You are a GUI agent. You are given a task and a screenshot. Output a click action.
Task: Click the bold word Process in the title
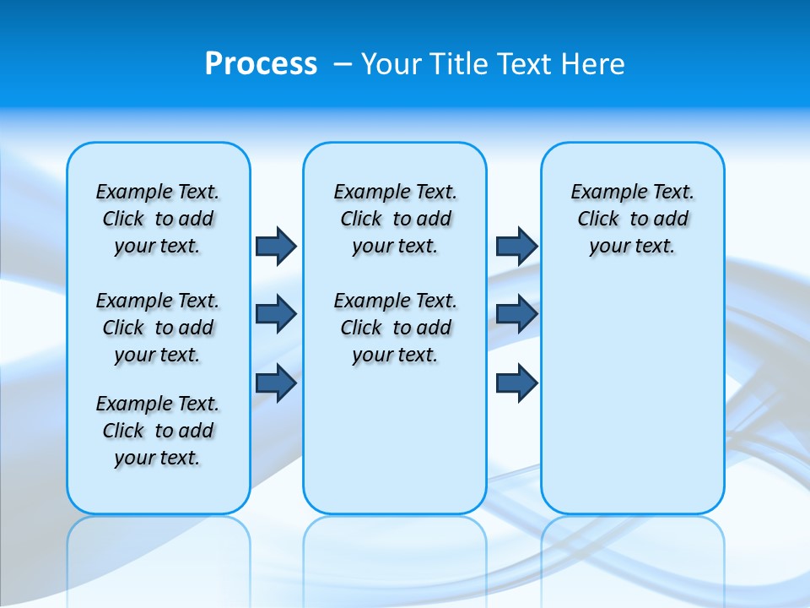pos(261,63)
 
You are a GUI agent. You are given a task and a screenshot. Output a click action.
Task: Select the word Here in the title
pos(595,63)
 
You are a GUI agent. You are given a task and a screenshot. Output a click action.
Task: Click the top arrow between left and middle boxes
pos(276,247)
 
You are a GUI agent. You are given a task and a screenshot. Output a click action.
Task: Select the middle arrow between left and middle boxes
pos(276,314)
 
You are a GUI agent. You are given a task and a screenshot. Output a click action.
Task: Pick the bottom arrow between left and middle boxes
pos(276,383)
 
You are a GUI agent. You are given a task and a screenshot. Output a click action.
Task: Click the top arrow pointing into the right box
pos(516,247)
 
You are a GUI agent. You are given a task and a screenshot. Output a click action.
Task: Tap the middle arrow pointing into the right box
pos(516,314)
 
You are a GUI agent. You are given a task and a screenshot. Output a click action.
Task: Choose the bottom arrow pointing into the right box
pos(516,383)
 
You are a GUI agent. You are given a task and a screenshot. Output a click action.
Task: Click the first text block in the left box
pos(158,219)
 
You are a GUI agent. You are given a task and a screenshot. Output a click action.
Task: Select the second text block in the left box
pos(158,328)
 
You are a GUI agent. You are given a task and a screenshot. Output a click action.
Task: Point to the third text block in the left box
pos(158,431)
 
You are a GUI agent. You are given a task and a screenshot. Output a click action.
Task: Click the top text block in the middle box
pos(395,219)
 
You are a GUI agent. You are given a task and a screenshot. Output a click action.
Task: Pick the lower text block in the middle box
pos(395,328)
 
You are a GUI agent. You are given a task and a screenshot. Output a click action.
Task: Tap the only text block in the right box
pos(632,219)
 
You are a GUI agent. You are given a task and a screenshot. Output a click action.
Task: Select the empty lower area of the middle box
pos(395,439)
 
